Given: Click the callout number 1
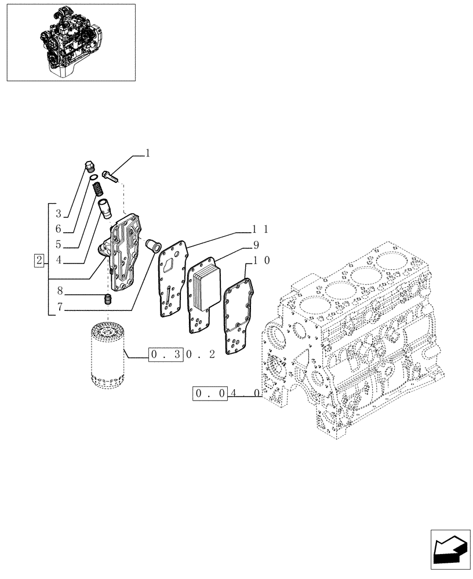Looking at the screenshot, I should coord(147,153).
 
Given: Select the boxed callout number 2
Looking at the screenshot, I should coord(39,260).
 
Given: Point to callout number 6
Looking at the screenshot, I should coord(59,229).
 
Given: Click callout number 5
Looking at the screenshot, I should coord(59,244).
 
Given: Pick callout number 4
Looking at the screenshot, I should coord(59,260).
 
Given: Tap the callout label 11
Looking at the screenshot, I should coord(259,229).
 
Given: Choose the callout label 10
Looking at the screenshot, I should coord(259,261).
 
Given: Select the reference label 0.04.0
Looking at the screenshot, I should coord(226,395).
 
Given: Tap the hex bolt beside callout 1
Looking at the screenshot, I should coord(111,175).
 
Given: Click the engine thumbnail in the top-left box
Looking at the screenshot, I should coord(70,42).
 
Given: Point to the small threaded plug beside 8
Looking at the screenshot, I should coord(107,299).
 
